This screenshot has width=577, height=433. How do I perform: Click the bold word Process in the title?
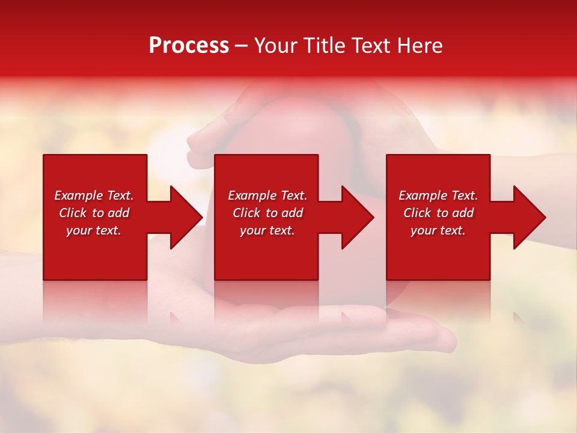pyautogui.click(x=189, y=45)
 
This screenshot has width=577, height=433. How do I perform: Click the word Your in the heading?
pyautogui.click(x=276, y=45)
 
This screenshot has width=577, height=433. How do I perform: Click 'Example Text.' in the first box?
pyautogui.click(x=94, y=195)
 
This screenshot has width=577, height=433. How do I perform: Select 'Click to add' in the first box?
pyautogui.click(x=94, y=213)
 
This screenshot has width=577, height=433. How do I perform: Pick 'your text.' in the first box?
pyautogui.click(x=94, y=230)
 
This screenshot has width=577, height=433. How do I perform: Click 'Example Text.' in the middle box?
pyautogui.click(x=267, y=195)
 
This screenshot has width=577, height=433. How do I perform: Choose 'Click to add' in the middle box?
pyautogui.click(x=267, y=213)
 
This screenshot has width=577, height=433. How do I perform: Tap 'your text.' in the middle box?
pyautogui.click(x=267, y=230)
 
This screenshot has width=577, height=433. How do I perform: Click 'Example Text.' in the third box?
pyautogui.click(x=438, y=195)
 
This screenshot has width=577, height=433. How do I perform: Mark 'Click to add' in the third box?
pyautogui.click(x=438, y=213)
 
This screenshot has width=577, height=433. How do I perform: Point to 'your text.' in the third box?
pyautogui.click(x=438, y=230)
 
